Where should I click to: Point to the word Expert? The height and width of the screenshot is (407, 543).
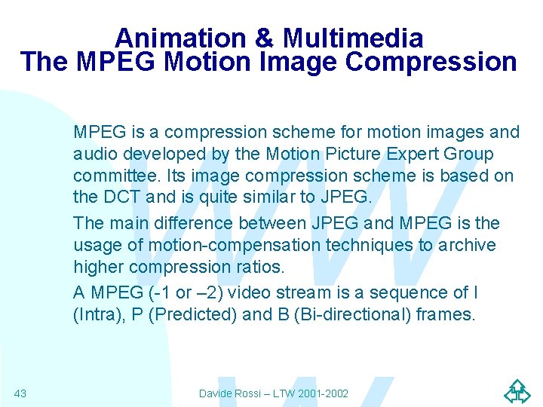point(413,155)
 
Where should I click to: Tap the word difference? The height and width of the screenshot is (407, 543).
point(193,223)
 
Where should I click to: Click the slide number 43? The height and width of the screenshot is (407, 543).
point(20,393)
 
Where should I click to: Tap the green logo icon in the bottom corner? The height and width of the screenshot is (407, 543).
point(517,391)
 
